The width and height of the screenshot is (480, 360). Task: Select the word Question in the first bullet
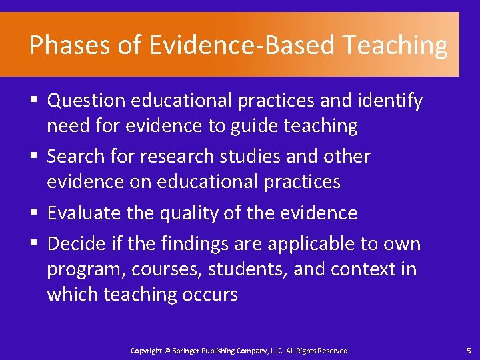click(x=86, y=101)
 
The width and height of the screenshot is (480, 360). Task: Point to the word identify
click(x=389, y=101)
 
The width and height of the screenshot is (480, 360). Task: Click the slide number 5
click(x=469, y=351)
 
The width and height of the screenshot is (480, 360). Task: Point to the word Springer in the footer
click(x=185, y=351)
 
